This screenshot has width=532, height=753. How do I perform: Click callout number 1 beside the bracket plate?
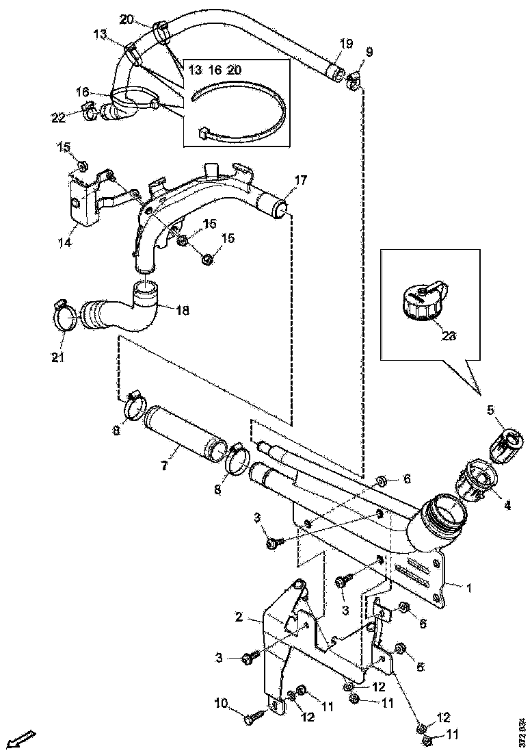[468, 587]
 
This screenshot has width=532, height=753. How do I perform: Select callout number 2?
[239, 617]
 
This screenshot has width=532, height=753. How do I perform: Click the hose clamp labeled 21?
[65, 316]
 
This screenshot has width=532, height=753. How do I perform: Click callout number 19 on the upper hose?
[346, 44]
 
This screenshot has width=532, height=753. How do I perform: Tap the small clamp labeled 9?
[354, 81]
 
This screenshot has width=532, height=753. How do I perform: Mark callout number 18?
[182, 310]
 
